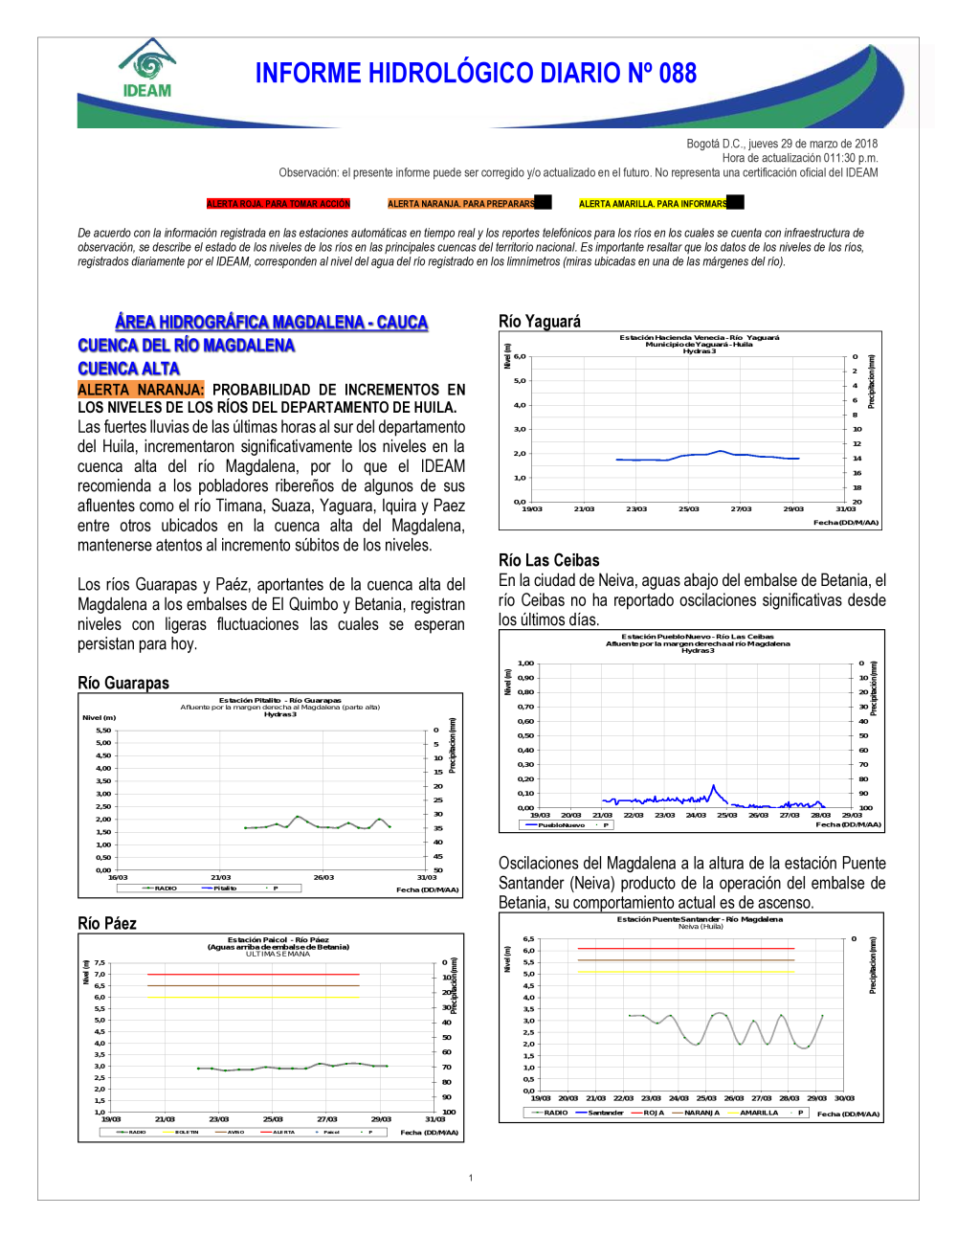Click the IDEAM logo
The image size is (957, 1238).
pos(147,69)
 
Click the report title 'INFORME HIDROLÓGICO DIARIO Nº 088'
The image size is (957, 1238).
pos(476,74)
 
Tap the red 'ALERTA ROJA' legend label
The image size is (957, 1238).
pos(278,204)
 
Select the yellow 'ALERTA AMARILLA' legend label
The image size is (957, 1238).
pos(653,204)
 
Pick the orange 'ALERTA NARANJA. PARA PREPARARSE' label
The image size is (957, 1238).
pos(461,204)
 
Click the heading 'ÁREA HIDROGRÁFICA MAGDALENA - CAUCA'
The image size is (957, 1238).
pos(271,323)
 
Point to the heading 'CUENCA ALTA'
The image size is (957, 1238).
pos(128,369)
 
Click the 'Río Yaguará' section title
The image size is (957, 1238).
pos(539,322)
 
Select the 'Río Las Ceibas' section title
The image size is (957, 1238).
pos(548,561)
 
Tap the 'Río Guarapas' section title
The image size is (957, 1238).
pos(123,683)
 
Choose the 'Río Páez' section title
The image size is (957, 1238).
pos(107,924)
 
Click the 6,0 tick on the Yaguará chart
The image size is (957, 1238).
pos(520,356)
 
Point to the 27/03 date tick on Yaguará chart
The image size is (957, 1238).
pos(741,509)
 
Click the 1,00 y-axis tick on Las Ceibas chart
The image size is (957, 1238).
pos(525,664)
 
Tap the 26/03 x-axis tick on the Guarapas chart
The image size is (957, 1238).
pos(323,877)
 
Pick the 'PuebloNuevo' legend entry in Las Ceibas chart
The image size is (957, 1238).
pos(561,824)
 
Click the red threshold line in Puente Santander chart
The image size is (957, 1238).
pos(685,948)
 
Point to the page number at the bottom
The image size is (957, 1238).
pos(471,1178)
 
